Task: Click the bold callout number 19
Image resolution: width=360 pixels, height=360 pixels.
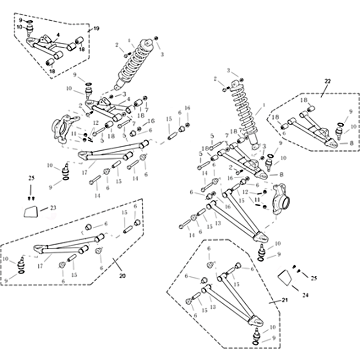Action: point(96,29)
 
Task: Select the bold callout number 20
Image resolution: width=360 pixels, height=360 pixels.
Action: point(122,275)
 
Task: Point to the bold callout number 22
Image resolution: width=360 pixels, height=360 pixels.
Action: point(327,81)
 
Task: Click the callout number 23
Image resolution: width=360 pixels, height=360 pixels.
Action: point(53,207)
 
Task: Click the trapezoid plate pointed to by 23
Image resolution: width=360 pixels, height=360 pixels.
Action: point(31,211)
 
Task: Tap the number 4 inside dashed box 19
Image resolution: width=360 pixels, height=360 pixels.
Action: point(58,35)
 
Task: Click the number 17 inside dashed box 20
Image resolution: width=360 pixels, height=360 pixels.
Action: point(40,266)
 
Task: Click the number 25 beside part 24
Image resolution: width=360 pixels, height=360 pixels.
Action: point(314,279)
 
